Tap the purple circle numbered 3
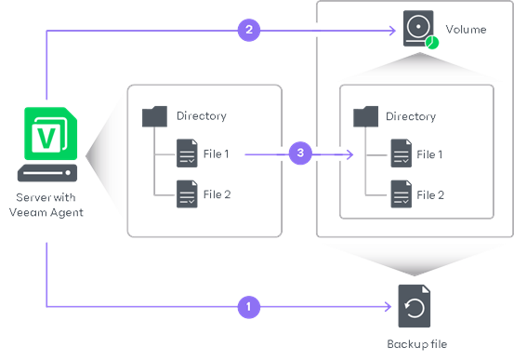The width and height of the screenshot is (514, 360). (x=298, y=153)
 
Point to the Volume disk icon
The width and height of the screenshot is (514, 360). (x=418, y=29)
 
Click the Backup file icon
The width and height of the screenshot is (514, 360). (x=414, y=305)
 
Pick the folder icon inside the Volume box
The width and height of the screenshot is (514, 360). (x=365, y=116)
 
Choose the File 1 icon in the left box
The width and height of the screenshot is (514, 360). (x=187, y=153)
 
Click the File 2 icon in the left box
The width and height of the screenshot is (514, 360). (x=187, y=193)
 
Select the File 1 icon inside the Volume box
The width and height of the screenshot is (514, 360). (x=400, y=153)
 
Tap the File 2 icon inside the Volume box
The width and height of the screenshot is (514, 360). (x=400, y=193)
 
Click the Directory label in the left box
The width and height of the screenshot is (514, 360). (x=201, y=116)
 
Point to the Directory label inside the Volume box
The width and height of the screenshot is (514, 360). (x=411, y=116)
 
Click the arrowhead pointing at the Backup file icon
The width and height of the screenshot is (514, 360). (x=388, y=305)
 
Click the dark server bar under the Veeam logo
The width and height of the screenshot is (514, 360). (x=46, y=174)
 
